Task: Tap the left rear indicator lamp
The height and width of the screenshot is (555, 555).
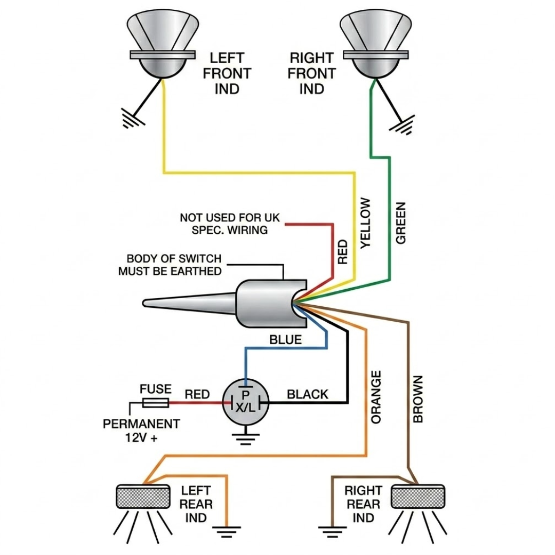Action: coord(143,496)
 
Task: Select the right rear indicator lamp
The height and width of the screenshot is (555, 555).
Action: coord(418,496)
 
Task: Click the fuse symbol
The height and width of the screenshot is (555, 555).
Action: coord(155,402)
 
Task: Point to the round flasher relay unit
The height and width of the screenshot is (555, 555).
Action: coord(245,402)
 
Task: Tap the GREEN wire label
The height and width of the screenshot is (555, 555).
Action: coord(400,223)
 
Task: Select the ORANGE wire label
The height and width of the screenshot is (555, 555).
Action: coord(376,397)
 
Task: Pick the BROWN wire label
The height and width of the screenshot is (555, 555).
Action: coord(418,399)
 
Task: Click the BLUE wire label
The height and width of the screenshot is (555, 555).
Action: coord(286,340)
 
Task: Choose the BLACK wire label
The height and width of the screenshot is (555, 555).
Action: coord(307,394)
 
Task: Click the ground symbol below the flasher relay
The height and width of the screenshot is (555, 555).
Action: coord(245,439)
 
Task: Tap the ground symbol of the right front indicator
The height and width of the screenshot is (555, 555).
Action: coord(402,124)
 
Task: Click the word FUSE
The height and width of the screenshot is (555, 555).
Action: coord(155,389)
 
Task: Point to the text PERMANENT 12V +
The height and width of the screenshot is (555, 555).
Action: coord(141,431)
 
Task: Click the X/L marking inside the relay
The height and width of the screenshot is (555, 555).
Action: coord(245,408)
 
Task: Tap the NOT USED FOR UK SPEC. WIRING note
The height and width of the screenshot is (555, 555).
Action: coord(230,224)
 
